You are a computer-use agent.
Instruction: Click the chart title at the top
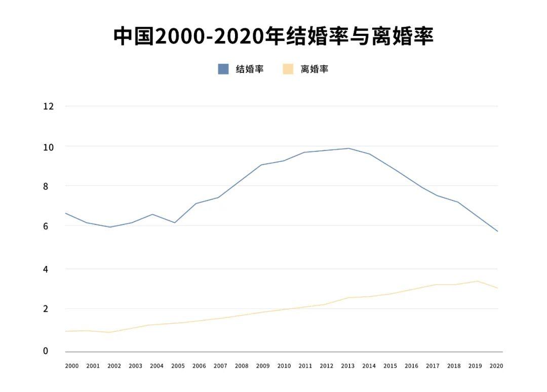click(x=273, y=36)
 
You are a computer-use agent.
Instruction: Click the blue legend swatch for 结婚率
click(x=223, y=69)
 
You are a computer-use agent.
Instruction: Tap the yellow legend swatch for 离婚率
click(x=288, y=69)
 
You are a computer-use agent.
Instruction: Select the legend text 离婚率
click(x=315, y=69)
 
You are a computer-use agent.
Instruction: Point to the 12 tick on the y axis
click(x=49, y=106)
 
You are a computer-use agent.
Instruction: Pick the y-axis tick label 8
click(x=45, y=186)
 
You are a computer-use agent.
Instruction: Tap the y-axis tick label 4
click(x=45, y=269)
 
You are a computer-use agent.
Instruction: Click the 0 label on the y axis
click(x=45, y=351)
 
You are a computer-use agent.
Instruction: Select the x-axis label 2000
click(x=72, y=366)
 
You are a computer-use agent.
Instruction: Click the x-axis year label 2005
click(x=178, y=366)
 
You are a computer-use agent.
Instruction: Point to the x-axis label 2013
click(x=347, y=366)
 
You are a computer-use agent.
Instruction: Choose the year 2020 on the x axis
click(x=496, y=366)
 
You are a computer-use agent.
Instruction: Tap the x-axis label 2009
click(x=263, y=366)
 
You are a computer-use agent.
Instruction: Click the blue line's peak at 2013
click(x=348, y=148)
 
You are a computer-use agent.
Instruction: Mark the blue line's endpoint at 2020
click(x=497, y=231)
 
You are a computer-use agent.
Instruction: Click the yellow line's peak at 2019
click(x=476, y=281)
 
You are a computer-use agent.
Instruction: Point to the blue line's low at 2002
click(x=109, y=227)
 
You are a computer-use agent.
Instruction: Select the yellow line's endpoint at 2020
click(x=497, y=288)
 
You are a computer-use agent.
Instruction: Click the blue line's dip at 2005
click(x=174, y=223)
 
